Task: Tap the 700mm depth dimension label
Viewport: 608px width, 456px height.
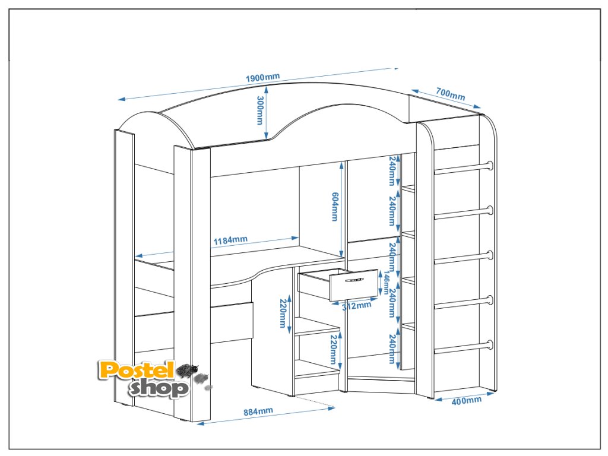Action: point(450,94)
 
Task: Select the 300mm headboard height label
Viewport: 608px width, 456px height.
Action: point(259,110)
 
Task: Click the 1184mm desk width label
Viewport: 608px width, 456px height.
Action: point(230,240)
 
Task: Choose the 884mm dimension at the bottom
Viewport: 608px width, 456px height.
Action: point(258,411)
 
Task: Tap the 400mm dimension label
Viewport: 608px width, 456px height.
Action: point(466,401)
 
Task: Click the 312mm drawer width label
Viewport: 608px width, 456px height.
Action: point(356,306)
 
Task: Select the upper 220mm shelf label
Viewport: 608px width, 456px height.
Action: point(283,313)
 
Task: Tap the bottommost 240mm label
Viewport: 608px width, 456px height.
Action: point(392,350)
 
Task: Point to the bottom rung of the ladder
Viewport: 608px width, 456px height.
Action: point(463,346)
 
